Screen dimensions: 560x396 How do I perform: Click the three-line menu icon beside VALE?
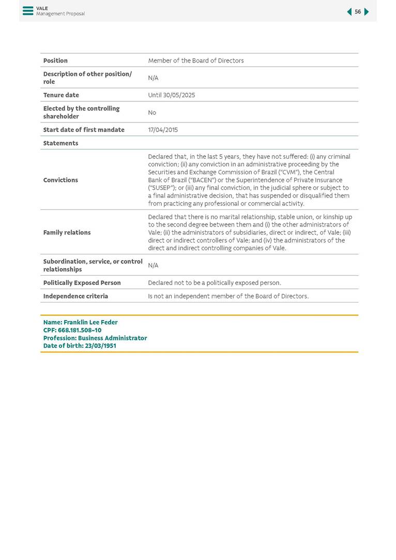click(28, 11)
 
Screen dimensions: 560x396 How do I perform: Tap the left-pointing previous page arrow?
click(349, 12)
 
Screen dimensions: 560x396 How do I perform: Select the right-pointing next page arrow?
click(367, 12)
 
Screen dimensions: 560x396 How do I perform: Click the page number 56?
click(358, 12)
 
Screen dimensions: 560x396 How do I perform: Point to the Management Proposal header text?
click(60, 14)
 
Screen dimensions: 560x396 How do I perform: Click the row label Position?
click(55, 60)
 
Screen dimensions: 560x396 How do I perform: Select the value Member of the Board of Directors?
click(195, 60)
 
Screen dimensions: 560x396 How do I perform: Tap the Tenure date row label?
click(61, 95)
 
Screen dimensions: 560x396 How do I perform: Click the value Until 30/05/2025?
click(172, 95)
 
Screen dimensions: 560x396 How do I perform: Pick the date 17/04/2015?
click(163, 130)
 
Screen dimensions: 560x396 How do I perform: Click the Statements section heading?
click(60, 143)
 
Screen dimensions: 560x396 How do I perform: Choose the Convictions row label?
click(60, 180)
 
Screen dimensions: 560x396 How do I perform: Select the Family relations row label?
click(67, 233)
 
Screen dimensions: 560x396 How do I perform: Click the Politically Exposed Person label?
click(82, 283)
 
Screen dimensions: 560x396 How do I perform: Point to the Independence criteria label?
click(75, 296)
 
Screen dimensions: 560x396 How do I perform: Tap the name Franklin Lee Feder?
click(90, 322)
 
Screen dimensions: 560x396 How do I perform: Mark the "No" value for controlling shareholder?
click(152, 113)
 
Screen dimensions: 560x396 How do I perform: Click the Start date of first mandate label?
click(84, 130)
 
